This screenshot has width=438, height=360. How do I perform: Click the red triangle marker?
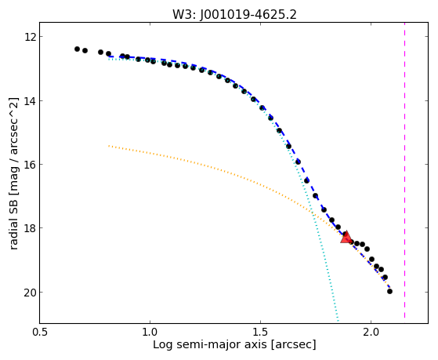click(346, 237)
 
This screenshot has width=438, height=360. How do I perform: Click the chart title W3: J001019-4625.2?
click(234, 14)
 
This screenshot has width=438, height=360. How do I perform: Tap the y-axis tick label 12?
click(30, 37)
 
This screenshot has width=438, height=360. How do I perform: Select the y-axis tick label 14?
click(30, 100)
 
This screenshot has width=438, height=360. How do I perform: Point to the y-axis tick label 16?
click(30, 165)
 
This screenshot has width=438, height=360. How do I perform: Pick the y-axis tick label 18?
click(30, 228)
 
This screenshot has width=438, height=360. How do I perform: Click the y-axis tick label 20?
click(30, 293)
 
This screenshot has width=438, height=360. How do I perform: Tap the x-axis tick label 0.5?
click(40, 332)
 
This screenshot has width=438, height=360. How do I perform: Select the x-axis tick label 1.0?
click(150, 332)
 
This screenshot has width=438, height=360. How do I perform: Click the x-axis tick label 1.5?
click(260, 332)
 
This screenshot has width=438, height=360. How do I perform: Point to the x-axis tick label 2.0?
click(371, 332)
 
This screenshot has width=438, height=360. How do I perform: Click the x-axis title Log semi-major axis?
click(210, 344)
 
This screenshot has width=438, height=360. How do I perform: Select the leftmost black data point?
click(77, 49)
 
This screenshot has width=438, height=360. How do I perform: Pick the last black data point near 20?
click(389, 292)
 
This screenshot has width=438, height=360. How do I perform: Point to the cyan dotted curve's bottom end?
click(338, 322)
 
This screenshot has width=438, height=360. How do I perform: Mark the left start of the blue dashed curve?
click(109, 56)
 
